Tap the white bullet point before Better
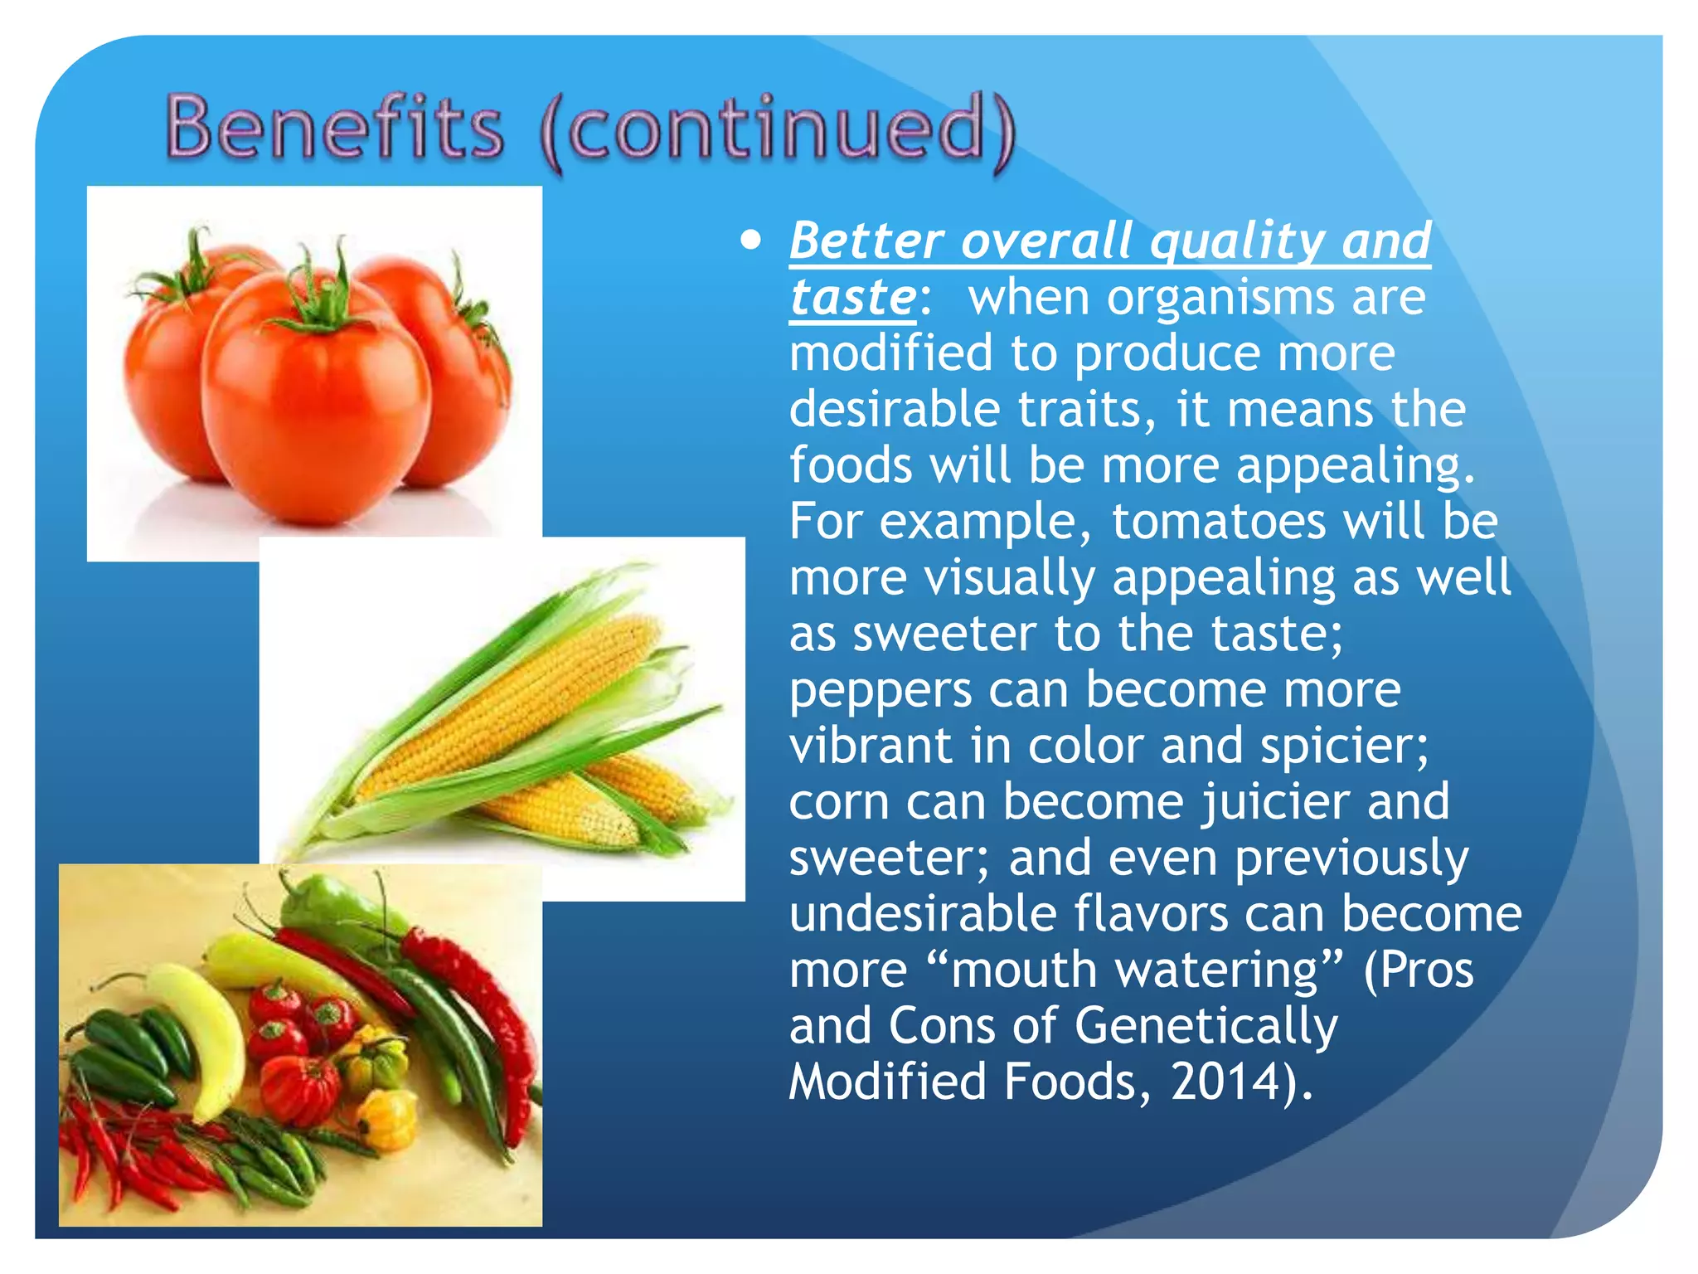click(x=751, y=241)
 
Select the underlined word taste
click(x=852, y=297)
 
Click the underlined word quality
click(x=1238, y=241)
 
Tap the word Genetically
click(x=1206, y=1026)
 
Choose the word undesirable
click(x=921, y=914)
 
